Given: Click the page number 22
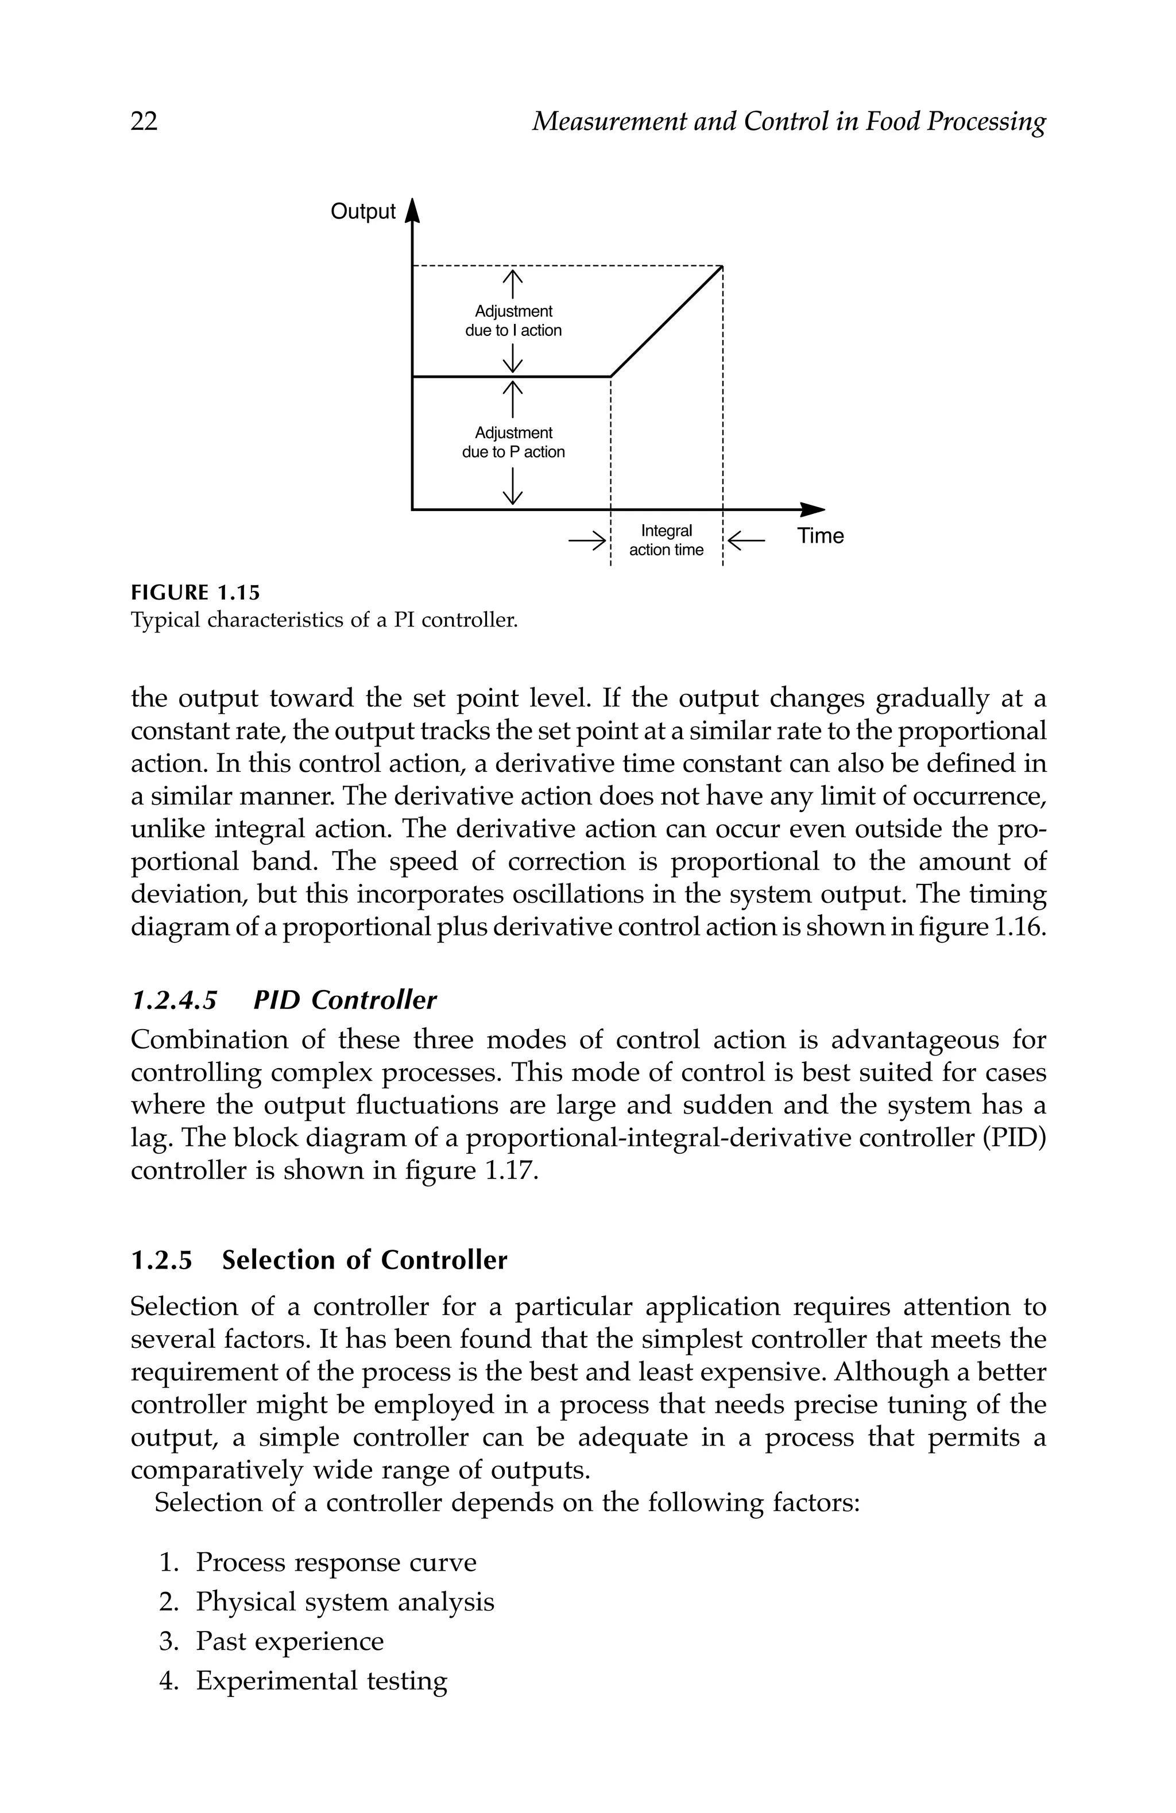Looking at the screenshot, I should coord(144,121).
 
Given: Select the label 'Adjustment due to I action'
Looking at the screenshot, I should coord(513,320).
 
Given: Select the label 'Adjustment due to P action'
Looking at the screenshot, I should coord(513,443).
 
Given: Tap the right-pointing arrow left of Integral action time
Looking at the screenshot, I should coord(587,541).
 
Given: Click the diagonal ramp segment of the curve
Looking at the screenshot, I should coord(667,320).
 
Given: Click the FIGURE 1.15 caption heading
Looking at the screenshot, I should coord(195,593).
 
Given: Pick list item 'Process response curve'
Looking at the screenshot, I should coord(335,1563).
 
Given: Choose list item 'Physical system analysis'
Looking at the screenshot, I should coord(345,1602).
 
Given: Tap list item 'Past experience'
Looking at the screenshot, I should coord(289,1641).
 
